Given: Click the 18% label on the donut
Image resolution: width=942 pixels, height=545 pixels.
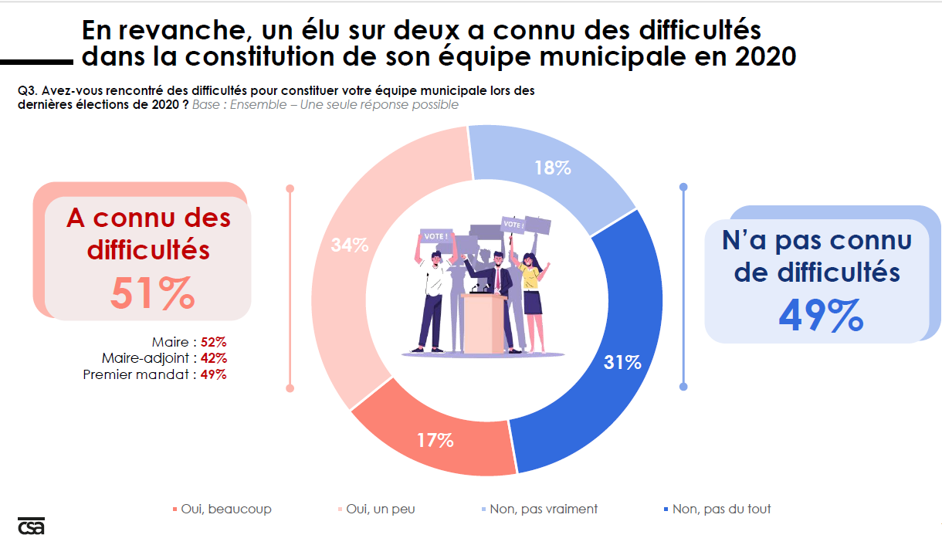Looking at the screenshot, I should tap(552, 168).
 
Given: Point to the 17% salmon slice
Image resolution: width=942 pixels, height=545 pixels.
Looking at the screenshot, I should tap(435, 441).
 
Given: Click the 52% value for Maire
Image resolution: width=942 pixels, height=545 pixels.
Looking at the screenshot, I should tap(213, 341).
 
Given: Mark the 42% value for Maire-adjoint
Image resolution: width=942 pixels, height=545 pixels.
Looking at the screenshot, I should tap(213, 358).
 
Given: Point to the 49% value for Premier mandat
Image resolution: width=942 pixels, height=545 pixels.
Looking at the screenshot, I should tap(213, 374).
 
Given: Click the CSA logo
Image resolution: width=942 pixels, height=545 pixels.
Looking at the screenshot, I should tap(31, 525).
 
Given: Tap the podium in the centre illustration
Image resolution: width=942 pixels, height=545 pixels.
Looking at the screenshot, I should tap(483, 322).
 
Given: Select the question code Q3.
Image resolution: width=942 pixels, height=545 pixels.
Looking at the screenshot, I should tap(26, 91).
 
